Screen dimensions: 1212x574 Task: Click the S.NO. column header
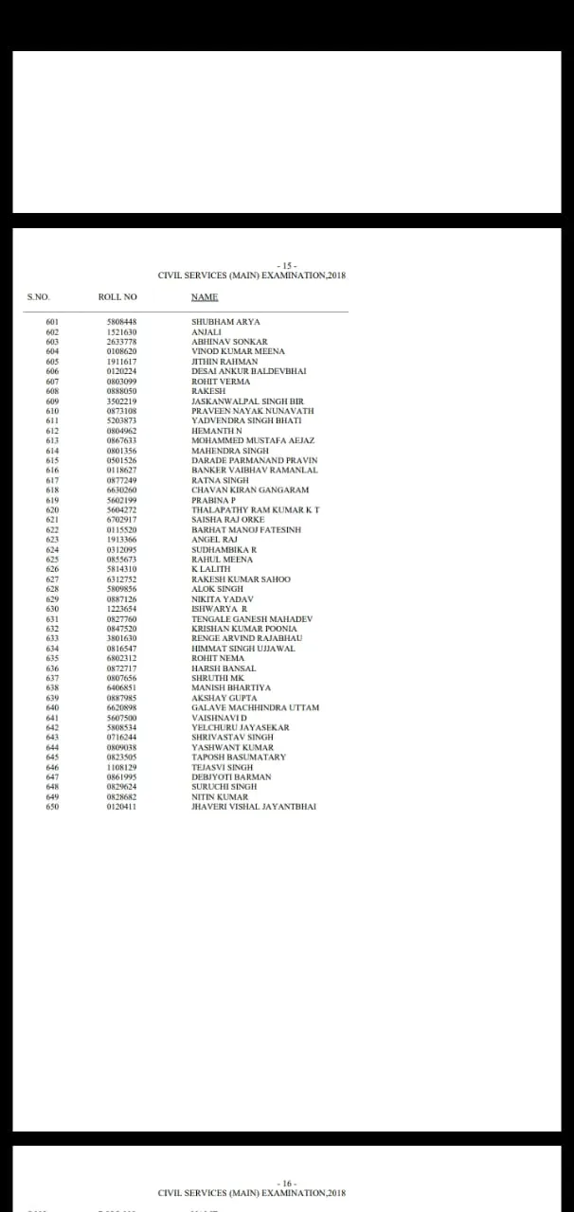click(x=38, y=297)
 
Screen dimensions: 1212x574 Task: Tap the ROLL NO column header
click(x=117, y=297)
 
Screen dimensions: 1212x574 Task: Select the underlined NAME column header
click(x=205, y=297)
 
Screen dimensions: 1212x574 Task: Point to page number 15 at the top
click(x=287, y=266)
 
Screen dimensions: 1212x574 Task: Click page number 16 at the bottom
click(x=287, y=1184)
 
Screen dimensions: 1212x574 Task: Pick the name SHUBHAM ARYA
click(x=225, y=322)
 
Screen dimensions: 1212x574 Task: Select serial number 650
click(x=52, y=807)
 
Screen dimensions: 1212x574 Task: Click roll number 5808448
click(x=121, y=322)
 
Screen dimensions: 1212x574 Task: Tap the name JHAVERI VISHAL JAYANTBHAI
click(x=254, y=807)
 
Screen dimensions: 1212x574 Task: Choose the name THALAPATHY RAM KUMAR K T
click(x=256, y=509)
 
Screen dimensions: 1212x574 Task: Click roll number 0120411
click(x=121, y=807)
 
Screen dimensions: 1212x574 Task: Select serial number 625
click(x=52, y=560)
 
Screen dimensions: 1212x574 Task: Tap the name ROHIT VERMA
click(x=221, y=382)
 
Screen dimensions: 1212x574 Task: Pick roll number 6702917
click(x=121, y=520)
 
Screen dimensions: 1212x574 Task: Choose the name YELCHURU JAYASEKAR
click(x=240, y=727)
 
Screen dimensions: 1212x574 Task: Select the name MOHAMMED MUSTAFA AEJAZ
click(x=253, y=440)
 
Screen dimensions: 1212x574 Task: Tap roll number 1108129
click(x=121, y=767)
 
